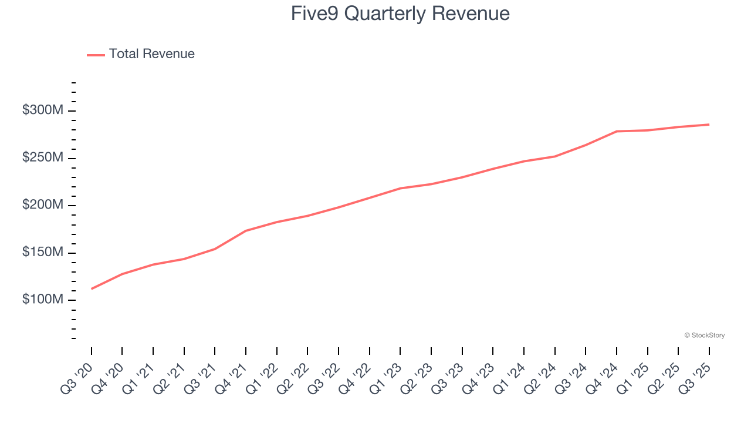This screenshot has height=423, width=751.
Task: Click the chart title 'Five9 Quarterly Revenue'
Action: (400, 14)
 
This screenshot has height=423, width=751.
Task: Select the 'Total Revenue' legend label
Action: (151, 54)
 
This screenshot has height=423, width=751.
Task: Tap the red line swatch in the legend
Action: (96, 55)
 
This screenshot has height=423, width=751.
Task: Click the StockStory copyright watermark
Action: (704, 335)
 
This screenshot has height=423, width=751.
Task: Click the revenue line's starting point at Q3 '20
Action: (92, 288)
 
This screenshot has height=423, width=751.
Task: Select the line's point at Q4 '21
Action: (246, 231)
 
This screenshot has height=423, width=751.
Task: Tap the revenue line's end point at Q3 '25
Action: (709, 125)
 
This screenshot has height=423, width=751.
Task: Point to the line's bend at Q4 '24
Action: (617, 131)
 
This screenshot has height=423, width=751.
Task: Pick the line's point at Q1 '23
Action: (400, 188)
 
